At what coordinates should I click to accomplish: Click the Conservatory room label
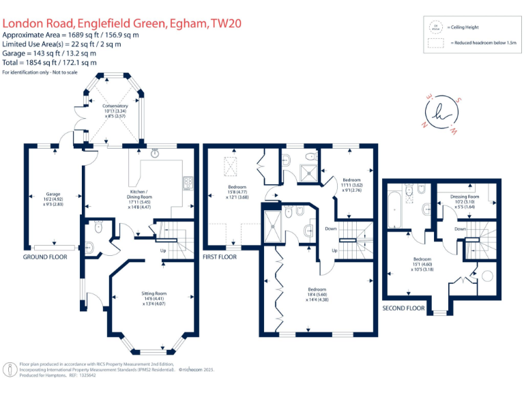pyautogui.click(x=115, y=106)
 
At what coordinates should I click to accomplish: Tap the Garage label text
pyautogui.click(x=53, y=194)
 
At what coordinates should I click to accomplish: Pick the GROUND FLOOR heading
pyautogui.click(x=45, y=257)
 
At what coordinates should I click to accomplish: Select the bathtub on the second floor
pyautogui.click(x=393, y=208)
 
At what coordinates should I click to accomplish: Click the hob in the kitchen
pyautogui.click(x=186, y=182)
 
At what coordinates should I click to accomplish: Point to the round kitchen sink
pyautogui.click(x=156, y=154)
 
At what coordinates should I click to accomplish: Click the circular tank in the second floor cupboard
pyautogui.click(x=487, y=276)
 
